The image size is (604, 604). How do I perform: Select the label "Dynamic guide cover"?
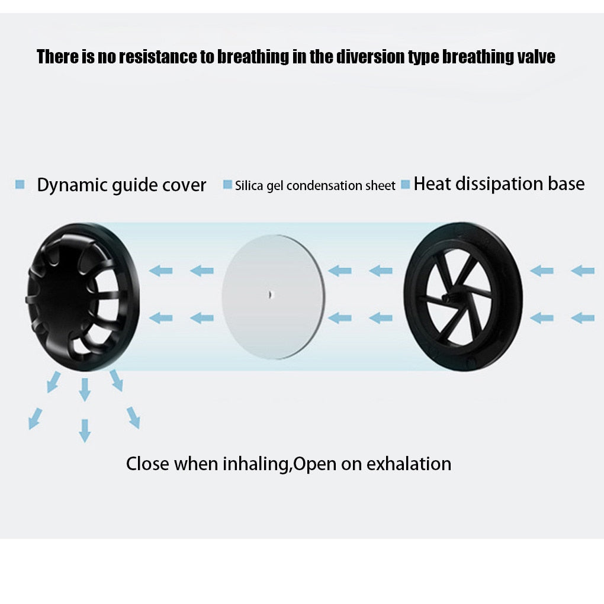(x=121, y=185)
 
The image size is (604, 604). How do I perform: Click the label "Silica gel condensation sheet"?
(x=315, y=186)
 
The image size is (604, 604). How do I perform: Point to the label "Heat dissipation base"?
(x=499, y=184)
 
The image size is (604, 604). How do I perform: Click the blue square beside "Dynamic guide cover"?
(x=20, y=184)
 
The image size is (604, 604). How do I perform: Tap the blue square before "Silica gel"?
(x=227, y=185)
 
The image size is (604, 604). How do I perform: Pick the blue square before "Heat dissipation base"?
(x=405, y=185)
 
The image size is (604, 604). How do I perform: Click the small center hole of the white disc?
(x=271, y=295)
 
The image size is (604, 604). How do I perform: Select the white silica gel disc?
(x=274, y=297)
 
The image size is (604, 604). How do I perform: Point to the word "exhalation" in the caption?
(x=409, y=464)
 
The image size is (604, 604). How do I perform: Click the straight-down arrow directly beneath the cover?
(x=85, y=390)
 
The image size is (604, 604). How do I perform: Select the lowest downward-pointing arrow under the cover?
(x=85, y=430)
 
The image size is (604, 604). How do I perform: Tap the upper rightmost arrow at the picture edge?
(x=583, y=271)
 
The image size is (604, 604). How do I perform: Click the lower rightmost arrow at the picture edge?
(x=583, y=318)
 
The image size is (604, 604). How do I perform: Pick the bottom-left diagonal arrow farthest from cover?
(x=35, y=419)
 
